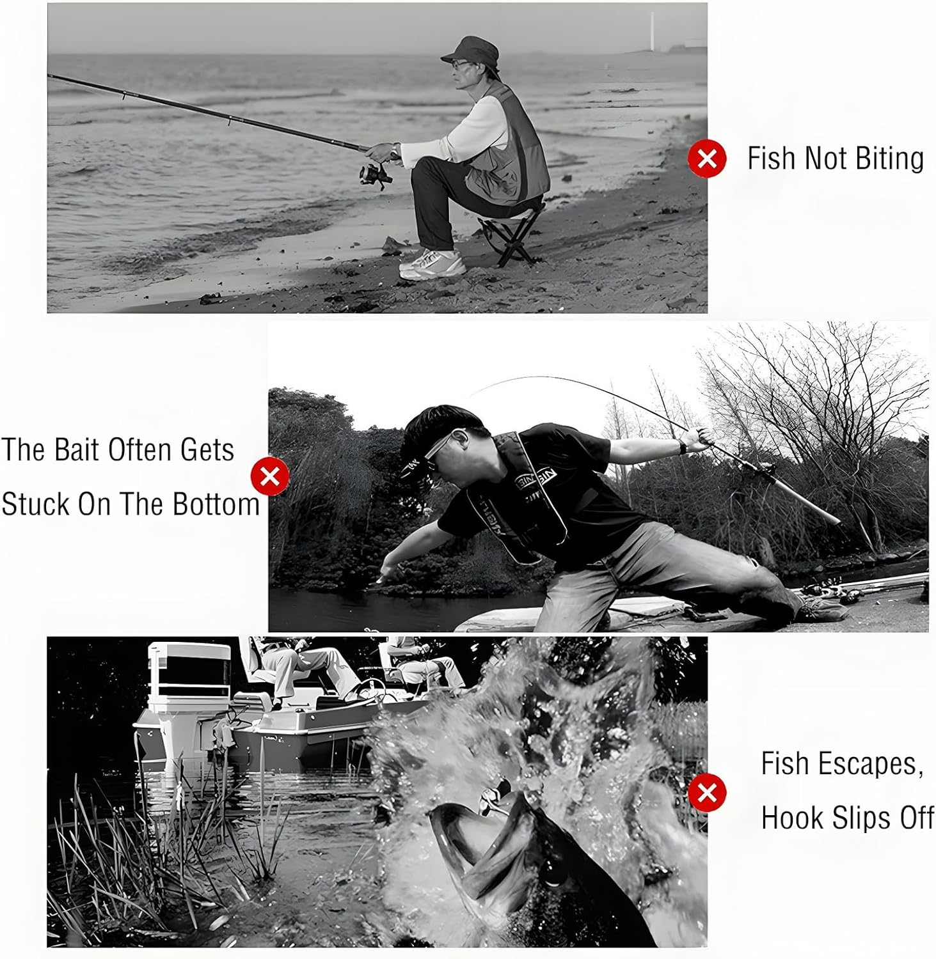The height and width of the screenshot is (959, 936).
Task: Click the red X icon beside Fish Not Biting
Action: click(707, 158)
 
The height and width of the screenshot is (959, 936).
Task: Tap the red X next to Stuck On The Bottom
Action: click(270, 476)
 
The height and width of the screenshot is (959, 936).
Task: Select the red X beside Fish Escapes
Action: click(707, 793)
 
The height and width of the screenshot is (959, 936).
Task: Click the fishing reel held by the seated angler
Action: click(374, 175)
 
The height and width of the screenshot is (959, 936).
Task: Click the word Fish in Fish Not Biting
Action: click(771, 159)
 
